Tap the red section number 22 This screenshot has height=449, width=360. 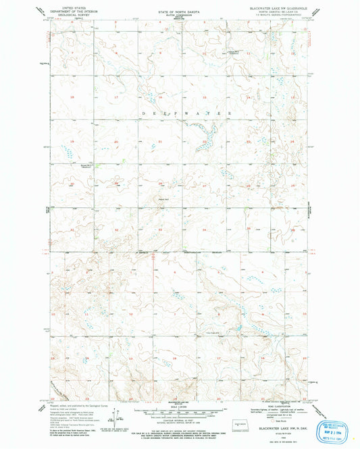click(204, 141)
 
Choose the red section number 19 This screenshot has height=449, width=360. click(72, 141)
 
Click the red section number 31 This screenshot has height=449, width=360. click(72, 230)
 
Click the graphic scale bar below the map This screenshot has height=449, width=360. click(180, 411)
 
